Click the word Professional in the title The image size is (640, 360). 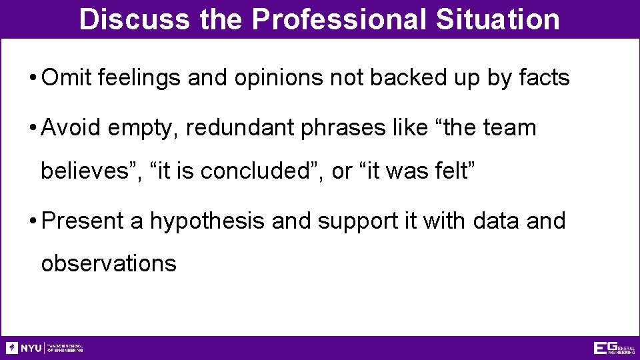coord(339,19)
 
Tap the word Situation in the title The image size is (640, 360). coord(498,19)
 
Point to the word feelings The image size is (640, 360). coord(139,79)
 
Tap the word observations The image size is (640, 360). coord(109,263)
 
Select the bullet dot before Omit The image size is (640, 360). coord(32,79)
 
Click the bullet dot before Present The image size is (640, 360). coord(32,221)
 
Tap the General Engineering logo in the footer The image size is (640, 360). coord(614,348)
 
